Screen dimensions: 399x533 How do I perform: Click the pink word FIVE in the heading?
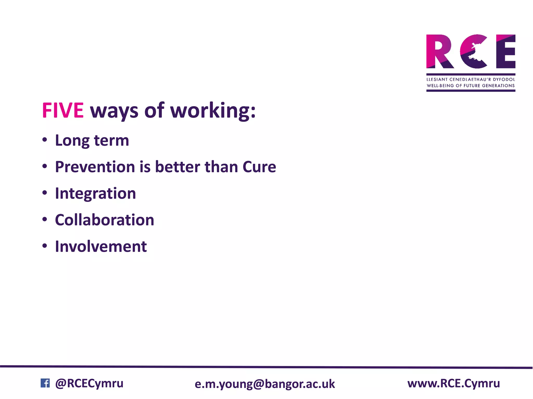click(x=63, y=111)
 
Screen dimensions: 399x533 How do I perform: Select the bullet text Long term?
click(x=92, y=141)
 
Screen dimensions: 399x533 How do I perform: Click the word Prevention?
click(x=95, y=167)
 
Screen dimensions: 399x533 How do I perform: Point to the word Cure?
click(x=259, y=167)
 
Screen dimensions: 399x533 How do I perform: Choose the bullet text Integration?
click(x=95, y=194)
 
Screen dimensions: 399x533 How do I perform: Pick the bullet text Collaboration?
click(x=104, y=220)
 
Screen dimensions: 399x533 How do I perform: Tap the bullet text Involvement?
click(x=101, y=247)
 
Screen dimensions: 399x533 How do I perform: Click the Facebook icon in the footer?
click(x=45, y=383)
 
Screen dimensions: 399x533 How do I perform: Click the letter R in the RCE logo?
click(x=440, y=51)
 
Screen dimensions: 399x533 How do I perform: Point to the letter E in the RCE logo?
click(x=505, y=51)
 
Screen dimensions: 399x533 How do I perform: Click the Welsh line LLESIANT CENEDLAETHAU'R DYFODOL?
click(x=471, y=79)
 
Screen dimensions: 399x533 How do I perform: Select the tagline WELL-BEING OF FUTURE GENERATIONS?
click(x=471, y=86)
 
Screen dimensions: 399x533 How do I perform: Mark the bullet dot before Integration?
click(x=45, y=193)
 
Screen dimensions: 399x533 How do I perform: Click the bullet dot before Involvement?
click(x=45, y=246)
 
